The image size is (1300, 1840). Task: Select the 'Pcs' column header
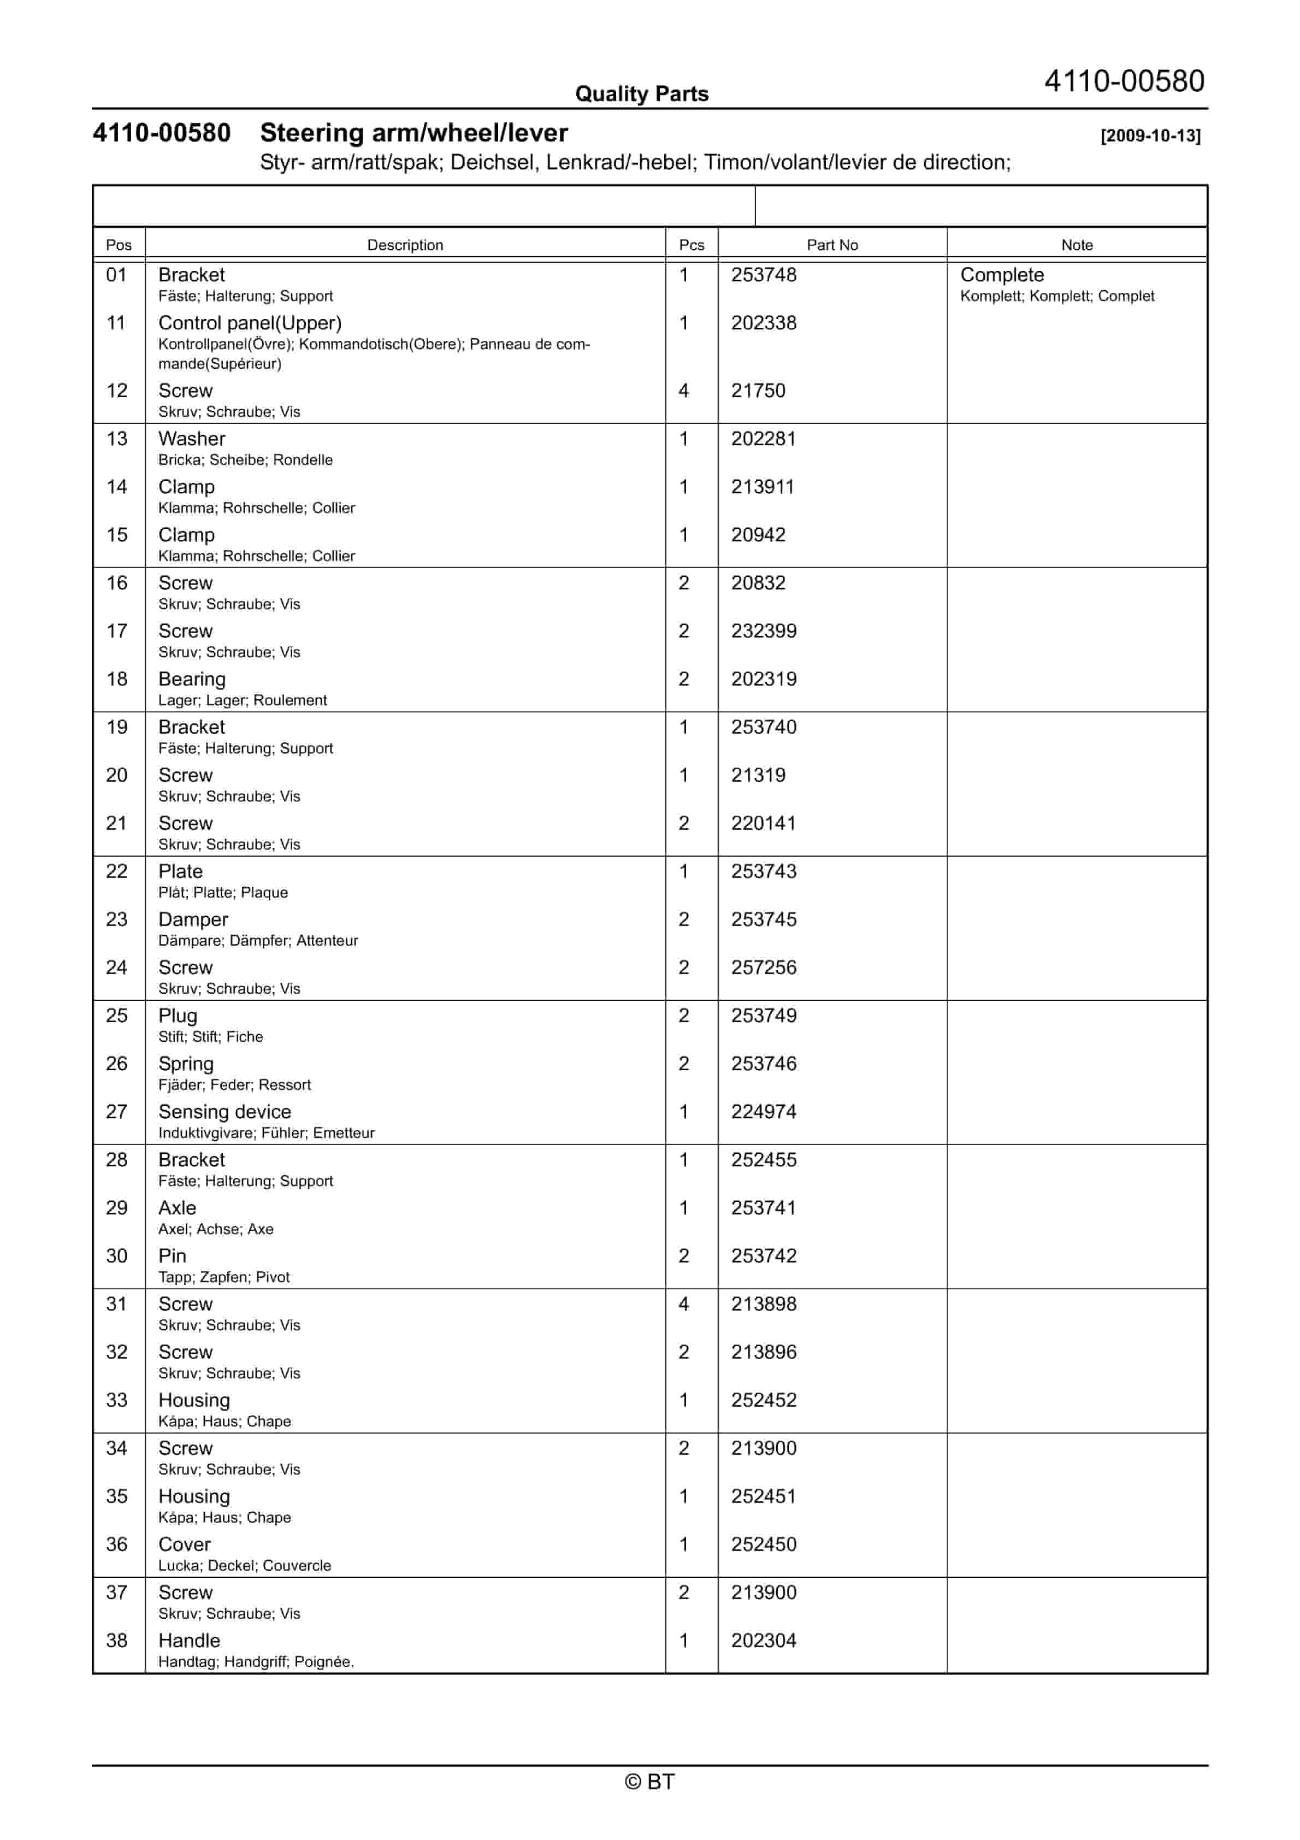click(691, 245)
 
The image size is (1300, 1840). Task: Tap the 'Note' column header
click(1077, 245)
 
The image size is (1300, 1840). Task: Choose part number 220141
click(763, 823)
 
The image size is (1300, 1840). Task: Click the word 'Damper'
click(193, 919)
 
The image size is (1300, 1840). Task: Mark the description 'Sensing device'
click(224, 1112)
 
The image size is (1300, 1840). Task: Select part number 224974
click(763, 1112)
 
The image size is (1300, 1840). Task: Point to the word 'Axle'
click(177, 1208)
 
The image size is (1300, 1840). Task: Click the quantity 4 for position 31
click(684, 1304)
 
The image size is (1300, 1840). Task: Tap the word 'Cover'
click(184, 1544)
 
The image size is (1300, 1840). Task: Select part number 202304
click(763, 1641)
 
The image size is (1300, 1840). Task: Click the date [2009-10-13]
click(1150, 135)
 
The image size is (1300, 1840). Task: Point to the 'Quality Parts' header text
click(641, 95)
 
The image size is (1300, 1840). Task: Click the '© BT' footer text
click(649, 1782)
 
